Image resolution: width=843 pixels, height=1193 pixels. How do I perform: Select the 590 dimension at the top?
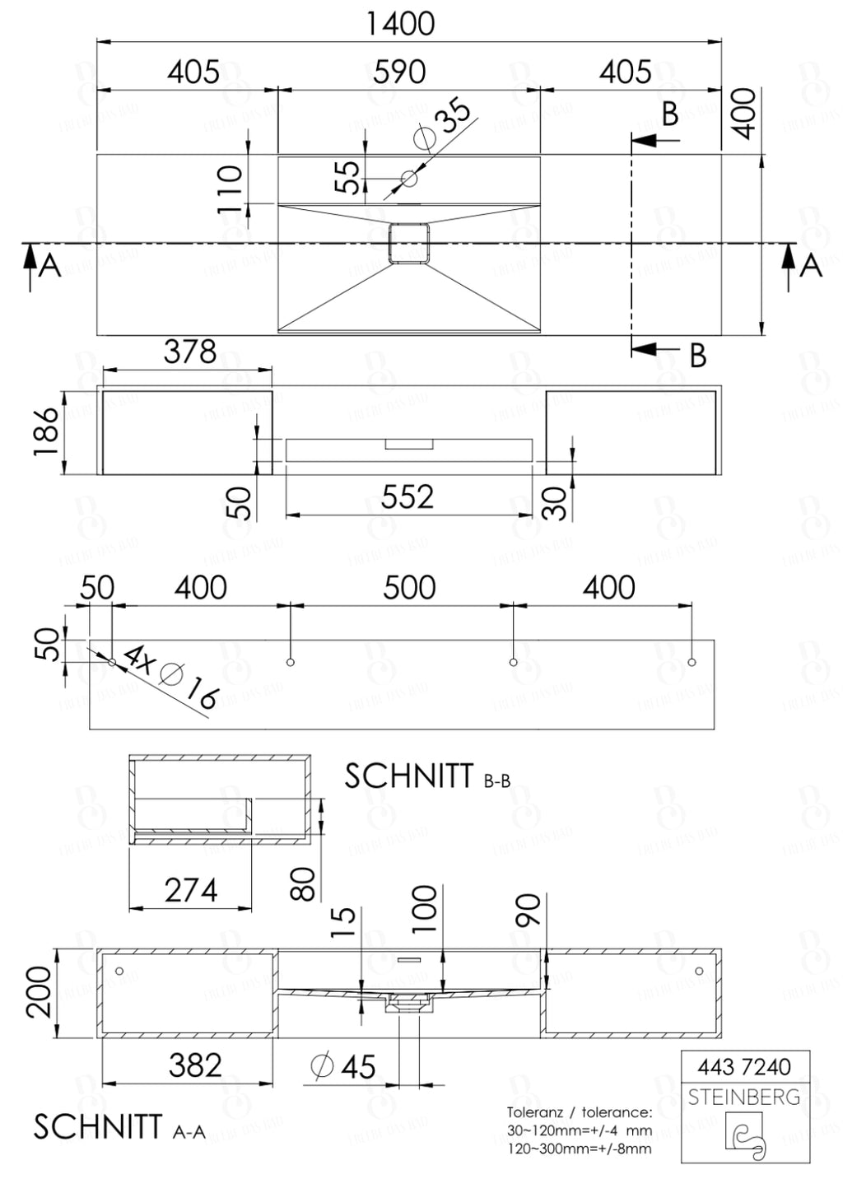click(x=399, y=72)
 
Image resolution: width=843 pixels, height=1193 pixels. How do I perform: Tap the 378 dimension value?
click(x=189, y=352)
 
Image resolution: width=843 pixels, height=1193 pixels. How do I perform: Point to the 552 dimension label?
click(x=407, y=497)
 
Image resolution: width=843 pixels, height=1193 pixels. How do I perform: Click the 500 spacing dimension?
click(x=409, y=588)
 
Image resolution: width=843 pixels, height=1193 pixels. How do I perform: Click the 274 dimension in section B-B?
click(x=190, y=890)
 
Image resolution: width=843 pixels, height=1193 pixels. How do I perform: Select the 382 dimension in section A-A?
click(x=195, y=1065)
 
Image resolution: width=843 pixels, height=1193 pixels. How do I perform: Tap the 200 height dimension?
click(x=40, y=991)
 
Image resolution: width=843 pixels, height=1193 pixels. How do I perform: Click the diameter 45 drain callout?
click(x=343, y=1067)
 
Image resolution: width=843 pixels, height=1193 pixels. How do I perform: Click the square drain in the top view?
click(x=409, y=243)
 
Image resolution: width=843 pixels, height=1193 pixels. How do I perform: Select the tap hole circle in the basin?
click(x=409, y=177)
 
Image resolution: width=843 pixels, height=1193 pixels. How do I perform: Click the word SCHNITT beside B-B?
click(x=408, y=776)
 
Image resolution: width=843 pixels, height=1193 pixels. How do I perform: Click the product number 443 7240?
click(x=744, y=1067)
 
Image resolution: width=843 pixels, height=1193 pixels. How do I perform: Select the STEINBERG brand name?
click(x=744, y=1097)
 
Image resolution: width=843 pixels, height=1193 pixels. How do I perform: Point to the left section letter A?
click(x=50, y=266)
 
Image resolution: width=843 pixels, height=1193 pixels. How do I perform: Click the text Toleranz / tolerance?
click(x=579, y=1112)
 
